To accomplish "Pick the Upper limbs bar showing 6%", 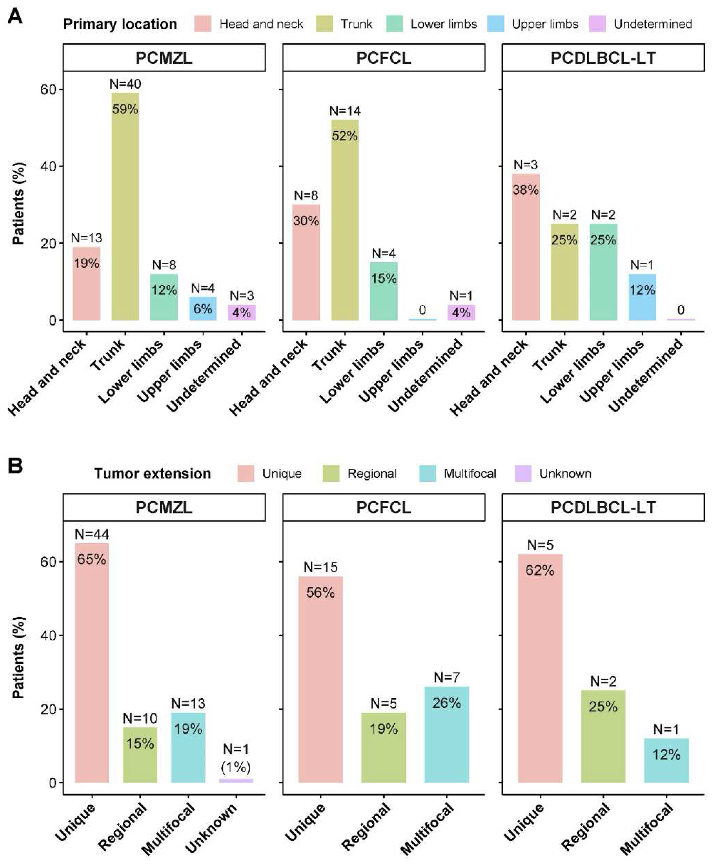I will click(x=203, y=308).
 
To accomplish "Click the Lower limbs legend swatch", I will click(x=395, y=24).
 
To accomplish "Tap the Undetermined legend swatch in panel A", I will click(x=597, y=24).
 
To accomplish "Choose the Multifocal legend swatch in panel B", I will click(x=427, y=473).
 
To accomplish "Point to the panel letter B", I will click(x=15, y=466).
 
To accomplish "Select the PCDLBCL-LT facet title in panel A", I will click(x=603, y=58).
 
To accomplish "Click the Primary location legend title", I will click(x=120, y=24).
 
